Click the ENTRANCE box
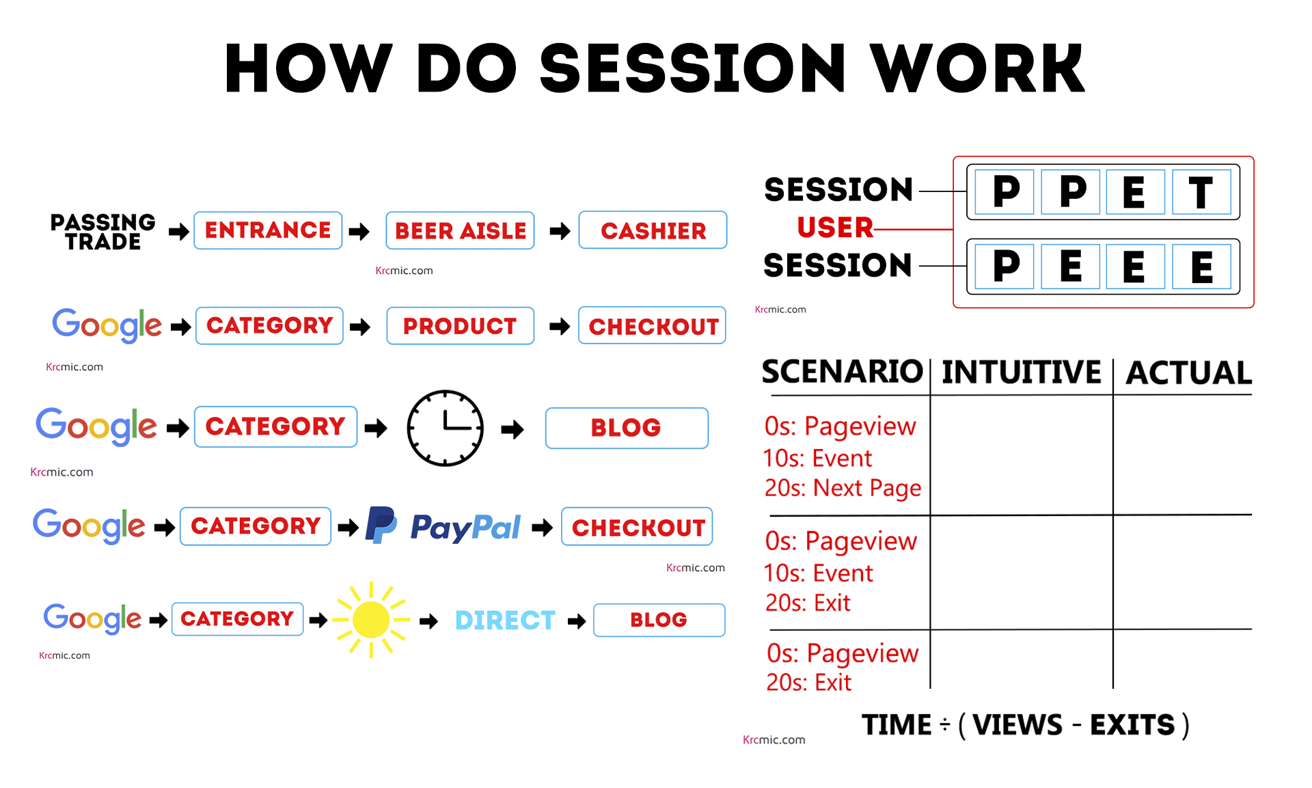(x=268, y=230)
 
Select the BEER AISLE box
(x=460, y=231)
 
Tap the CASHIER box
(x=653, y=230)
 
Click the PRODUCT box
(x=460, y=326)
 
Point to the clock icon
(x=445, y=429)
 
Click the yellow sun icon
(x=371, y=620)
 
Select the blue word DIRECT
(x=505, y=621)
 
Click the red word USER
(x=835, y=228)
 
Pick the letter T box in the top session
(x=1201, y=192)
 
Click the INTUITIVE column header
(x=1021, y=372)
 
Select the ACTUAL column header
(x=1188, y=373)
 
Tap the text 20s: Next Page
(x=843, y=488)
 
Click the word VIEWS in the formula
(x=1017, y=725)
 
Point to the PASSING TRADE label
(x=103, y=232)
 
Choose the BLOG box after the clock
(x=626, y=428)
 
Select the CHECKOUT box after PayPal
(x=637, y=527)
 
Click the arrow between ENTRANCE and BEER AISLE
(x=359, y=232)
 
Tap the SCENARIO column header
(x=842, y=372)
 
